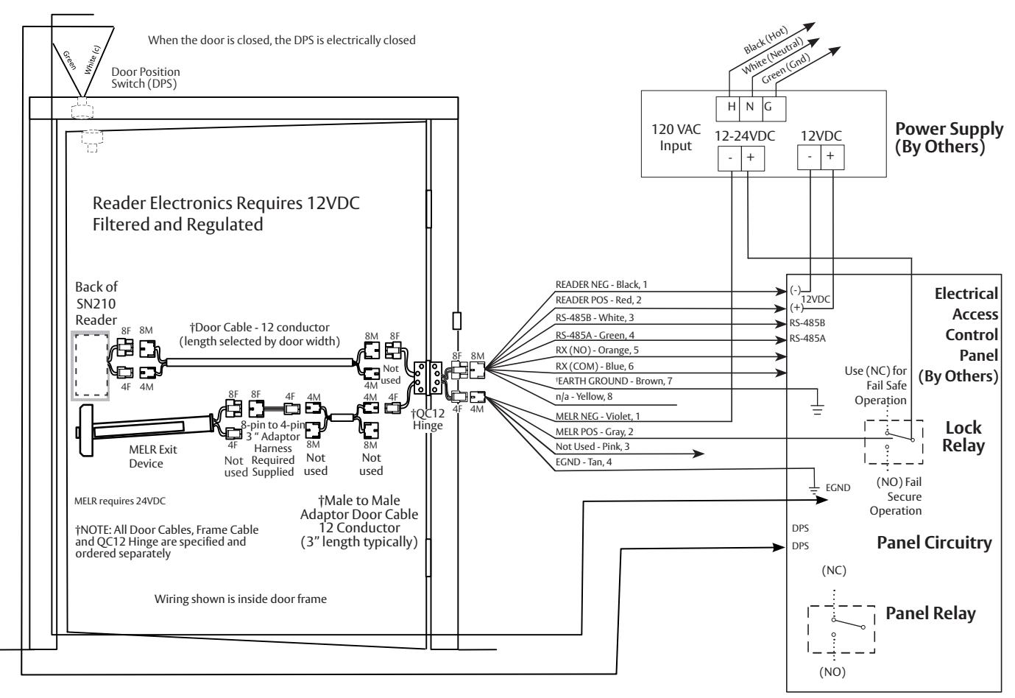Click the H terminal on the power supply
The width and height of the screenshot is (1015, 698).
(x=728, y=109)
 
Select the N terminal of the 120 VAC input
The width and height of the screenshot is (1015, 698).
(x=751, y=109)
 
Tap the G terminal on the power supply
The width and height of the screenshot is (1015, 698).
(x=774, y=109)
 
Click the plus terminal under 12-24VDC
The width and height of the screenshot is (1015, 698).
(x=753, y=158)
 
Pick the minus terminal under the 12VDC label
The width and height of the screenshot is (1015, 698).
(x=810, y=158)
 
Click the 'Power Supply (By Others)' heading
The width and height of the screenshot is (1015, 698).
(x=949, y=138)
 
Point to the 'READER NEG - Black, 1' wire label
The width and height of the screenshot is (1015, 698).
(x=601, y=285)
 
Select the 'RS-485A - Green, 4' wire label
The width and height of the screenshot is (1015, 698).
(x=595, y=336)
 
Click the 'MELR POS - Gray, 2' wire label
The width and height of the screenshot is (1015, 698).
(x=595, y=431)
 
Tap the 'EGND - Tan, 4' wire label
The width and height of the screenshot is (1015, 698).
(x=584, y=462)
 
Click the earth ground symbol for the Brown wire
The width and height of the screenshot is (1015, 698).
(x=818, y=409)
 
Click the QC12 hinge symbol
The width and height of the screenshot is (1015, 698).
(x=428, y=378)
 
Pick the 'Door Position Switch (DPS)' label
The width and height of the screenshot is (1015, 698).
(x=146, y=77)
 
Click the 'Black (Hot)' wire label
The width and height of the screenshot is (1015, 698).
(x=765, y=40)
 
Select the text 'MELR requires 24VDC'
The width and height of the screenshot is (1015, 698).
(x=120, y=501)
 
